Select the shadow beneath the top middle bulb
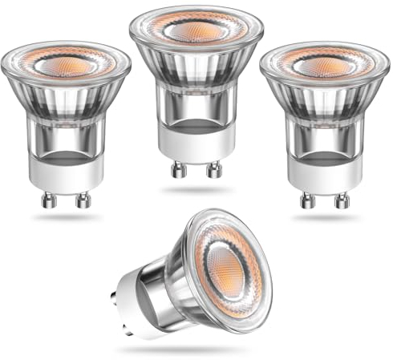tap(196, 190)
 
